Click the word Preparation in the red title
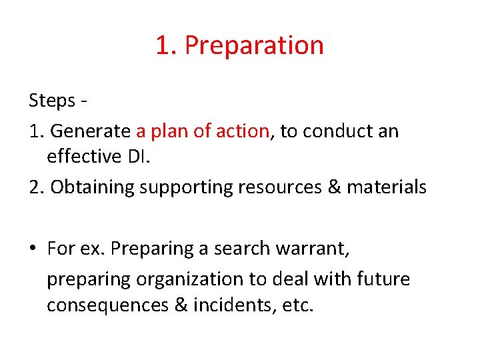coord(254,46)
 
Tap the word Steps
coord(52,101)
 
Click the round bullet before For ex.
coord(33,249)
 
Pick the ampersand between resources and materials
coord(333,187)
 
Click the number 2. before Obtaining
coord(36,187)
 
